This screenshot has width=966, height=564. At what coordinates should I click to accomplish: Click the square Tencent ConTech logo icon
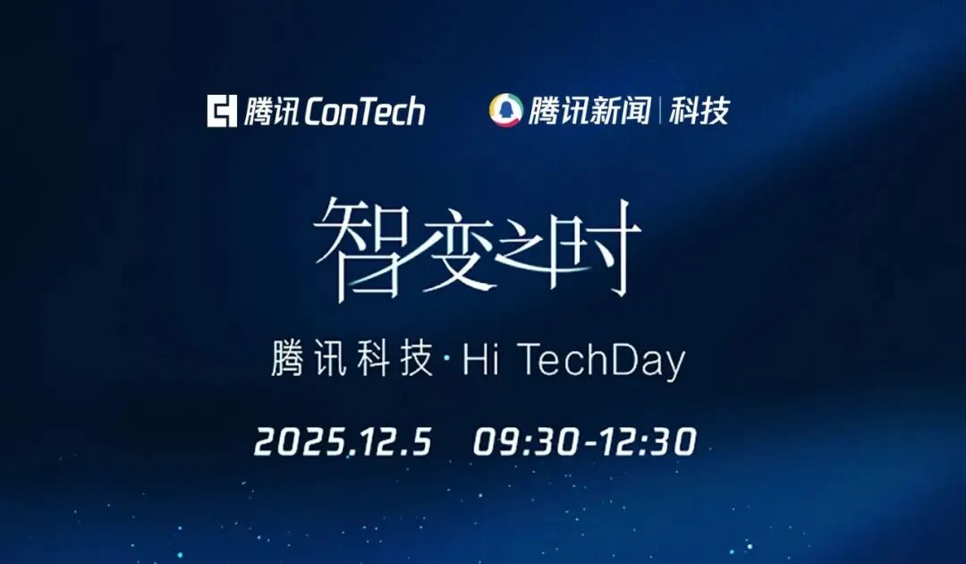click(222, 111)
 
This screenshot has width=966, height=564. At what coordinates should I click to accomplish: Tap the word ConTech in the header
click(365, 111)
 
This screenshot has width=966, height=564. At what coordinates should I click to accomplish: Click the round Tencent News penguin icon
click(505, 110)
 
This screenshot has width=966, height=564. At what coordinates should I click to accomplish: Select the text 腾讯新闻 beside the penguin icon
click(589, 111)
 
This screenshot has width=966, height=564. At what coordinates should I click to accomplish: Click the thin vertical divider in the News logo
click(660, 111)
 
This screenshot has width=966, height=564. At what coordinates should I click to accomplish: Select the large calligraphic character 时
click(593, 246)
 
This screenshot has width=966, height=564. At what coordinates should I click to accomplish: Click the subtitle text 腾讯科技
click(352, 359)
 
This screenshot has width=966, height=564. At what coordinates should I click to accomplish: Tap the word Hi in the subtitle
click(480, 359)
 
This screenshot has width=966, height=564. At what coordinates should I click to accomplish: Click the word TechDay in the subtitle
click(601, 361)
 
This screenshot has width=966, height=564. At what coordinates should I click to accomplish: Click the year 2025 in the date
click(299, 442)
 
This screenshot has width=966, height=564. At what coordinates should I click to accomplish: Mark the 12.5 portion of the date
click(393, 442)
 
